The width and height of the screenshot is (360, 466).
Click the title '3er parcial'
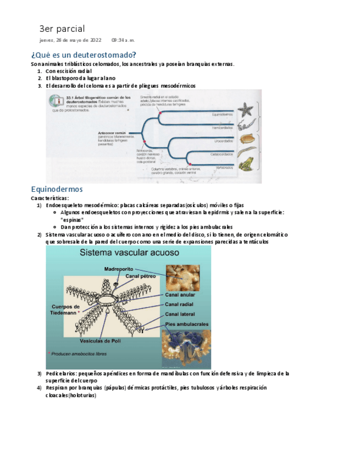click(x=62, y=29)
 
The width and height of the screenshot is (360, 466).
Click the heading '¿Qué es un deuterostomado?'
click(x=84, y=55)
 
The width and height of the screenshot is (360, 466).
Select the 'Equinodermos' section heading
click(x=57, y=189)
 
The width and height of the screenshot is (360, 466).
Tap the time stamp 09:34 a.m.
click(x=123, y=40)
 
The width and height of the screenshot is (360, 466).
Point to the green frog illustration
click(x=246, y=163)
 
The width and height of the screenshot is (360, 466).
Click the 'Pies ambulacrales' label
click(x=187, y=324)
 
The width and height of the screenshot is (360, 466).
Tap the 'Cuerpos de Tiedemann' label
click(x=65, y=309)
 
